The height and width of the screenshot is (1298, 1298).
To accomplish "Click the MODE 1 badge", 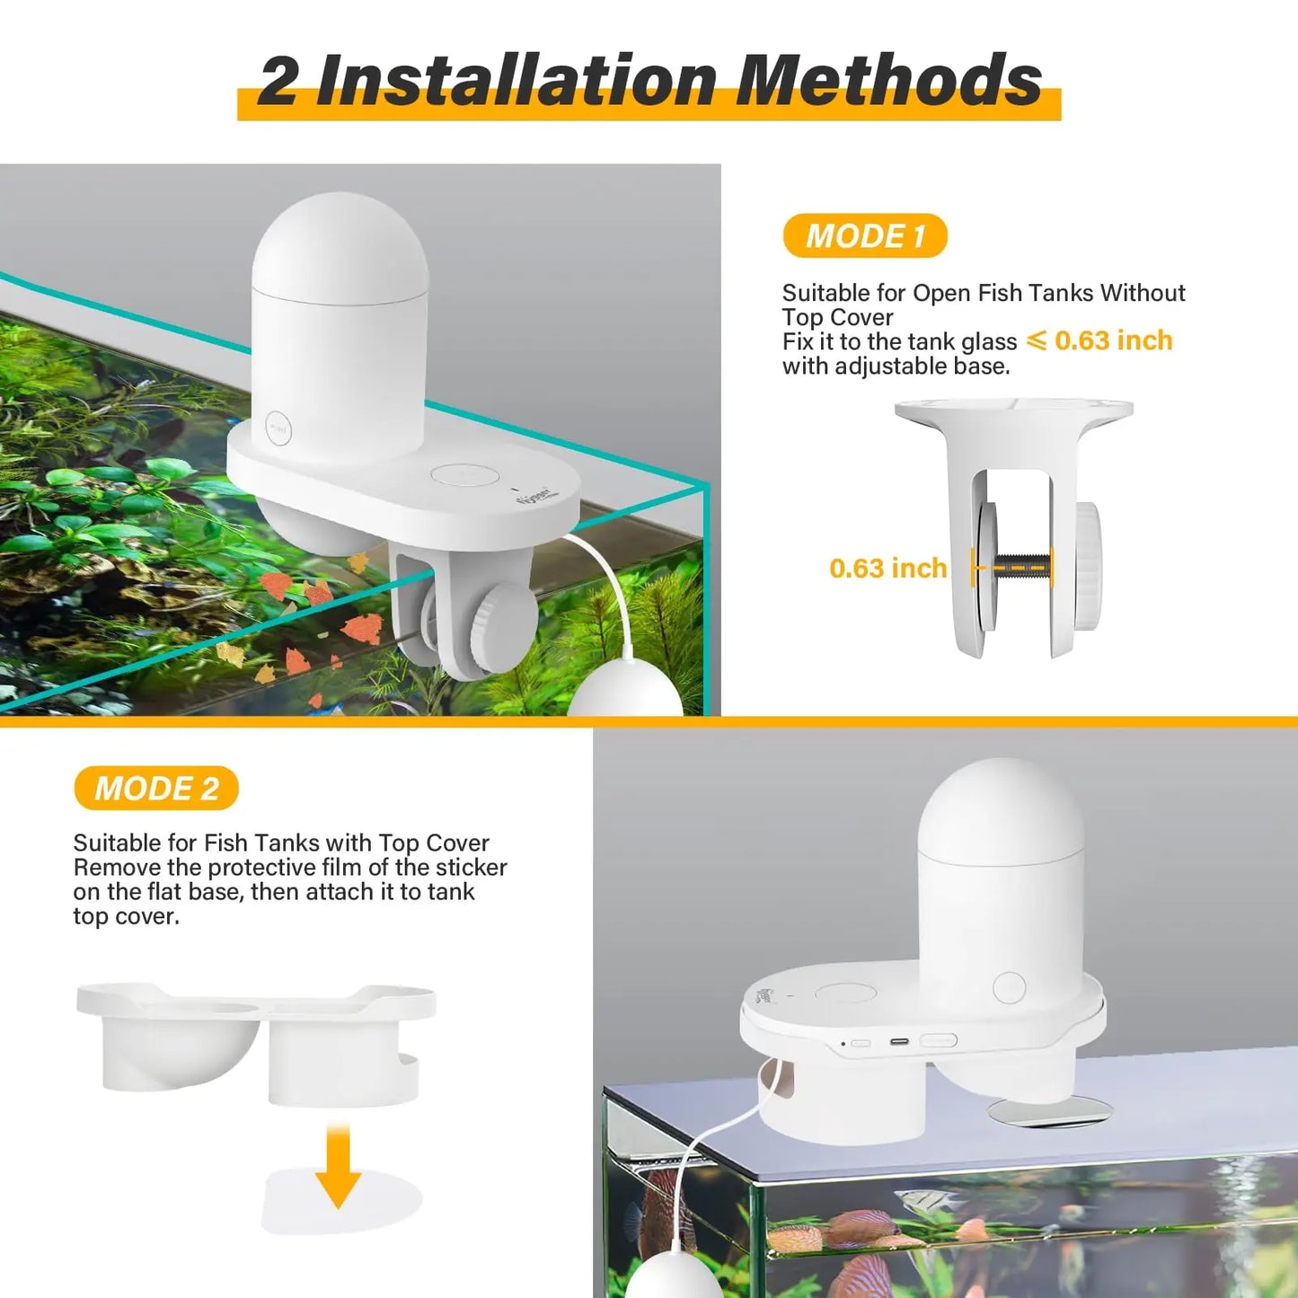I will point(865,236).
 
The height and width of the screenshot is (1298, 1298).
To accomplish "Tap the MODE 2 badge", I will point(156,789).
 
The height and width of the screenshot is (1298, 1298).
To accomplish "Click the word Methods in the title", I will point(888,82).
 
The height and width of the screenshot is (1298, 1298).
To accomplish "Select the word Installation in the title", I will point(516,82).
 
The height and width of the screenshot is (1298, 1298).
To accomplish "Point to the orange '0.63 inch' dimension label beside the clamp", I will point(887,569).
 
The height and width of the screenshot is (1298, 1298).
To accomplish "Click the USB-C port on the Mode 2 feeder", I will point(899,1043).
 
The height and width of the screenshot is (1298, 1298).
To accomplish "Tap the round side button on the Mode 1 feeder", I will point(278,429).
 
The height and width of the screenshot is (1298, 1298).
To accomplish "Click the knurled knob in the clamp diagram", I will point(1089,566).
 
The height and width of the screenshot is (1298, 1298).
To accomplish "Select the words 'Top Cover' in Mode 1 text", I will point(837,318).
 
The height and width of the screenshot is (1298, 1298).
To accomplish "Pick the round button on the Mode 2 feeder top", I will point(1009,987).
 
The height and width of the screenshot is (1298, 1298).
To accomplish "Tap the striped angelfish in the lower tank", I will point(925,1199).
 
